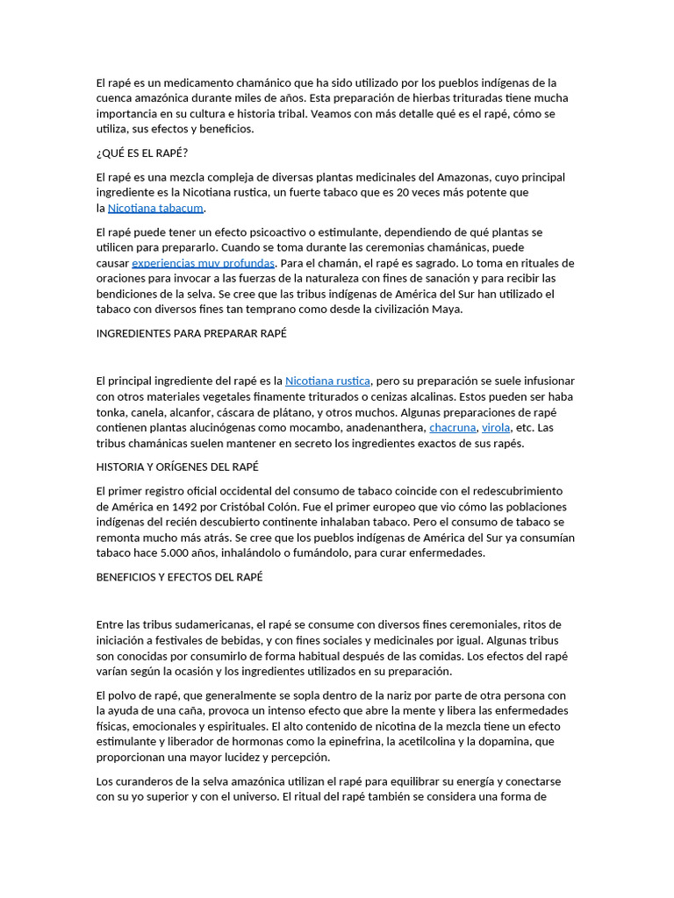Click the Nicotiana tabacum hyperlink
pyautogui.click(x=155, y=208)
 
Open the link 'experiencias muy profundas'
pyautogui.click(x=203, y=263)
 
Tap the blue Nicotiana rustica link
pyautogui.click(x=328, y=381)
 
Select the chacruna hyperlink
pyautogui.click(x=452, y=428)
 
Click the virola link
pyautogui.click(x=496, y=428)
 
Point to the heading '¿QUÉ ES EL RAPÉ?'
pyautogui.click(x=142, y=153)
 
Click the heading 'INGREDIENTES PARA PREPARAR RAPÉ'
pyautogui.click(x=191, y=334)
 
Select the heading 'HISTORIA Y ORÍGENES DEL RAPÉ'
pyautogui.click(x=177, y=467)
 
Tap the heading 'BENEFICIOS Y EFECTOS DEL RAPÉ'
pyautogui.click(x=179, y=577)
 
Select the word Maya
pyautogui.click(x=447, y=309)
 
